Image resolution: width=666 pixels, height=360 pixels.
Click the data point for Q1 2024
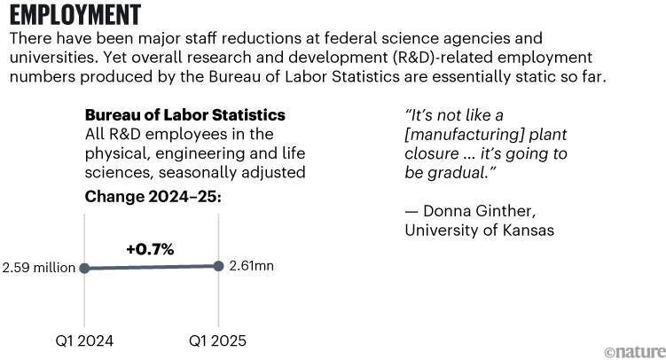83,268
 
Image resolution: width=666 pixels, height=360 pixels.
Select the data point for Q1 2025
218,265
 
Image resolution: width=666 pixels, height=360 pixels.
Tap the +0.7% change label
150,249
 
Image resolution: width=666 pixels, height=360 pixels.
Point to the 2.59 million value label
38,268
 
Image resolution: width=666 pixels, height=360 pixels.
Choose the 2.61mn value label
251,265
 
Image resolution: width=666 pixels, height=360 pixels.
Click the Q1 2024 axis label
83,340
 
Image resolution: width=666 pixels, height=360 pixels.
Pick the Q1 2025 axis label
218,340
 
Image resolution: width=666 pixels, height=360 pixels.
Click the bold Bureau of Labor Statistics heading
184,115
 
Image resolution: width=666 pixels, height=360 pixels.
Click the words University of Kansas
480,231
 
